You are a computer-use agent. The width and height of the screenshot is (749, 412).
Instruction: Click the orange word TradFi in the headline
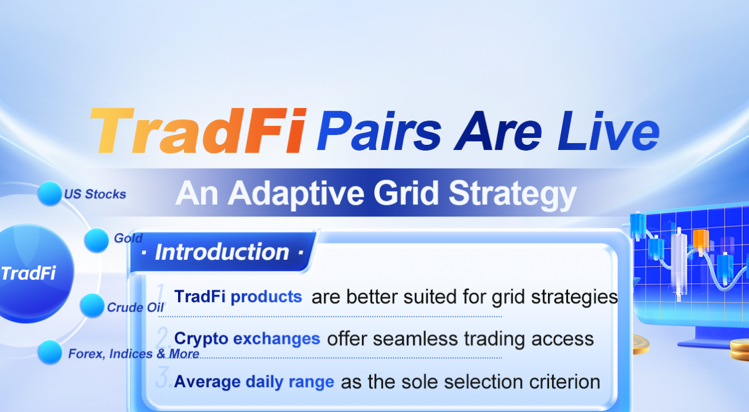[x=198, y=130]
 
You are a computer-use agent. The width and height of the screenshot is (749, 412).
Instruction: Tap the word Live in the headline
[x=608, y=130]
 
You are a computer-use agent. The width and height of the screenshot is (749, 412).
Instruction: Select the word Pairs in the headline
[x=379, y=130]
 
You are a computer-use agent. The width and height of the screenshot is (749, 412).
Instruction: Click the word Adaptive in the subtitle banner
[x=296, y=194]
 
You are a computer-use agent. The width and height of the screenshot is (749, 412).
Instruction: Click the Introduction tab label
[x=222, y=252]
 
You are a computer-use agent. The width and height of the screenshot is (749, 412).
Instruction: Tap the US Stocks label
[x=95, y=194]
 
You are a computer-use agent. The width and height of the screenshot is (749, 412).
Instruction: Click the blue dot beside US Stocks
[x=50, y=193]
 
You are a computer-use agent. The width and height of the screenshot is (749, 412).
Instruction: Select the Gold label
[x=128, y=238]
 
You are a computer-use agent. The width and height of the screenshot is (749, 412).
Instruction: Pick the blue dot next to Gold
[x=96, y=240]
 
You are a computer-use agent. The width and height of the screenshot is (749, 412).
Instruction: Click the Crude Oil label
[x=135, y=308]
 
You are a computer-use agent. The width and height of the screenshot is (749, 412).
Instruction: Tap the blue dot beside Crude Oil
[x=92, y=305]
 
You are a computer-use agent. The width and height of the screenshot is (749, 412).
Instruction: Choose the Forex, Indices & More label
[x=134, y=354]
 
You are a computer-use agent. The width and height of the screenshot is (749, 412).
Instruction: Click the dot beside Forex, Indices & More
[x=50, y=352]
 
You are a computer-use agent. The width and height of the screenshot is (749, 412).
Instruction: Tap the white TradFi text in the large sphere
[x=28, y=273]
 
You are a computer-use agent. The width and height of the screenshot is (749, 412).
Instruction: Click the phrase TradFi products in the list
[x=238, y=297]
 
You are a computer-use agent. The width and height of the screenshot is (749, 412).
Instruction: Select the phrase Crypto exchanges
[x=247, y=339]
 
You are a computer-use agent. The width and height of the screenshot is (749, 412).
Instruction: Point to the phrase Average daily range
[x=254, y=382]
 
